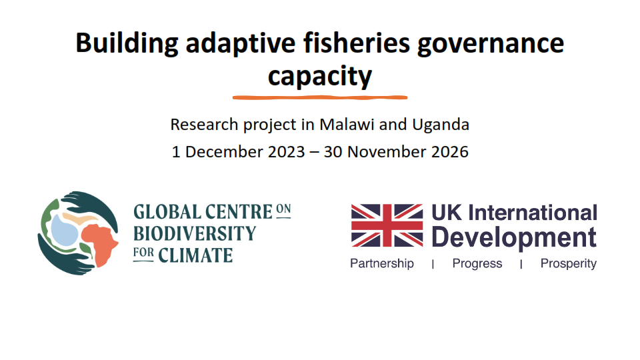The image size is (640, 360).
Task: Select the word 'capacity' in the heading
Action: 319,76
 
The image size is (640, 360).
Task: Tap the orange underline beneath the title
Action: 320,97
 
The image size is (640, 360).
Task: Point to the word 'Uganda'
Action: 441,125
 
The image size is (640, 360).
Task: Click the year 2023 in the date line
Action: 286,152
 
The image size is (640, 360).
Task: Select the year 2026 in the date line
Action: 450,152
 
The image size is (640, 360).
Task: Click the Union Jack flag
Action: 387,225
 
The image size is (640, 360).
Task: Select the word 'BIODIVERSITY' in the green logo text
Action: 195,234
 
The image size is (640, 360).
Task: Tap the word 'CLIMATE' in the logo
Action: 195,255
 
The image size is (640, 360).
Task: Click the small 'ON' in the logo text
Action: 283,210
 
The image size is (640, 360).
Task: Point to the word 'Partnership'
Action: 382,264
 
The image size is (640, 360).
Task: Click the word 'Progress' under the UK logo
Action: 477,264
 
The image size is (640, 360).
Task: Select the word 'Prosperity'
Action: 569,264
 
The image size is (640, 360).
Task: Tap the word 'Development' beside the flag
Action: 514,238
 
